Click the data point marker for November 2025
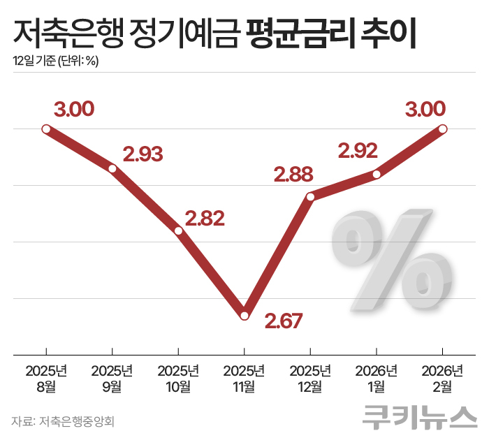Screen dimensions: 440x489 (245, 316)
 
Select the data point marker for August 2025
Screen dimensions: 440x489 (46, 129)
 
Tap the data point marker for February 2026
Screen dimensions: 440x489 (442, 129)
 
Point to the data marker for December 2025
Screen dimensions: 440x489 (311, 197)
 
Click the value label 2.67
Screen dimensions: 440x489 (282, 321)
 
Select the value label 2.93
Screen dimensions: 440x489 (143, 154)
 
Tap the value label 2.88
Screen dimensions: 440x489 (293, 173)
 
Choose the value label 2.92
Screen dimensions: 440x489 (357, 150)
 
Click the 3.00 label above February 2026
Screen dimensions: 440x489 (425, 109)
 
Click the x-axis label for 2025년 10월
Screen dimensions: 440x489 (178, 377)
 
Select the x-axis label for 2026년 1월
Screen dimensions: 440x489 (377, 377)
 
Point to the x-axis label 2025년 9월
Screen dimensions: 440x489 (112, 377)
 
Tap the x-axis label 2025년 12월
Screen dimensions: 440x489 (311, 377)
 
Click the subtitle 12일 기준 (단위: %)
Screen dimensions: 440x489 (56, 61)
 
